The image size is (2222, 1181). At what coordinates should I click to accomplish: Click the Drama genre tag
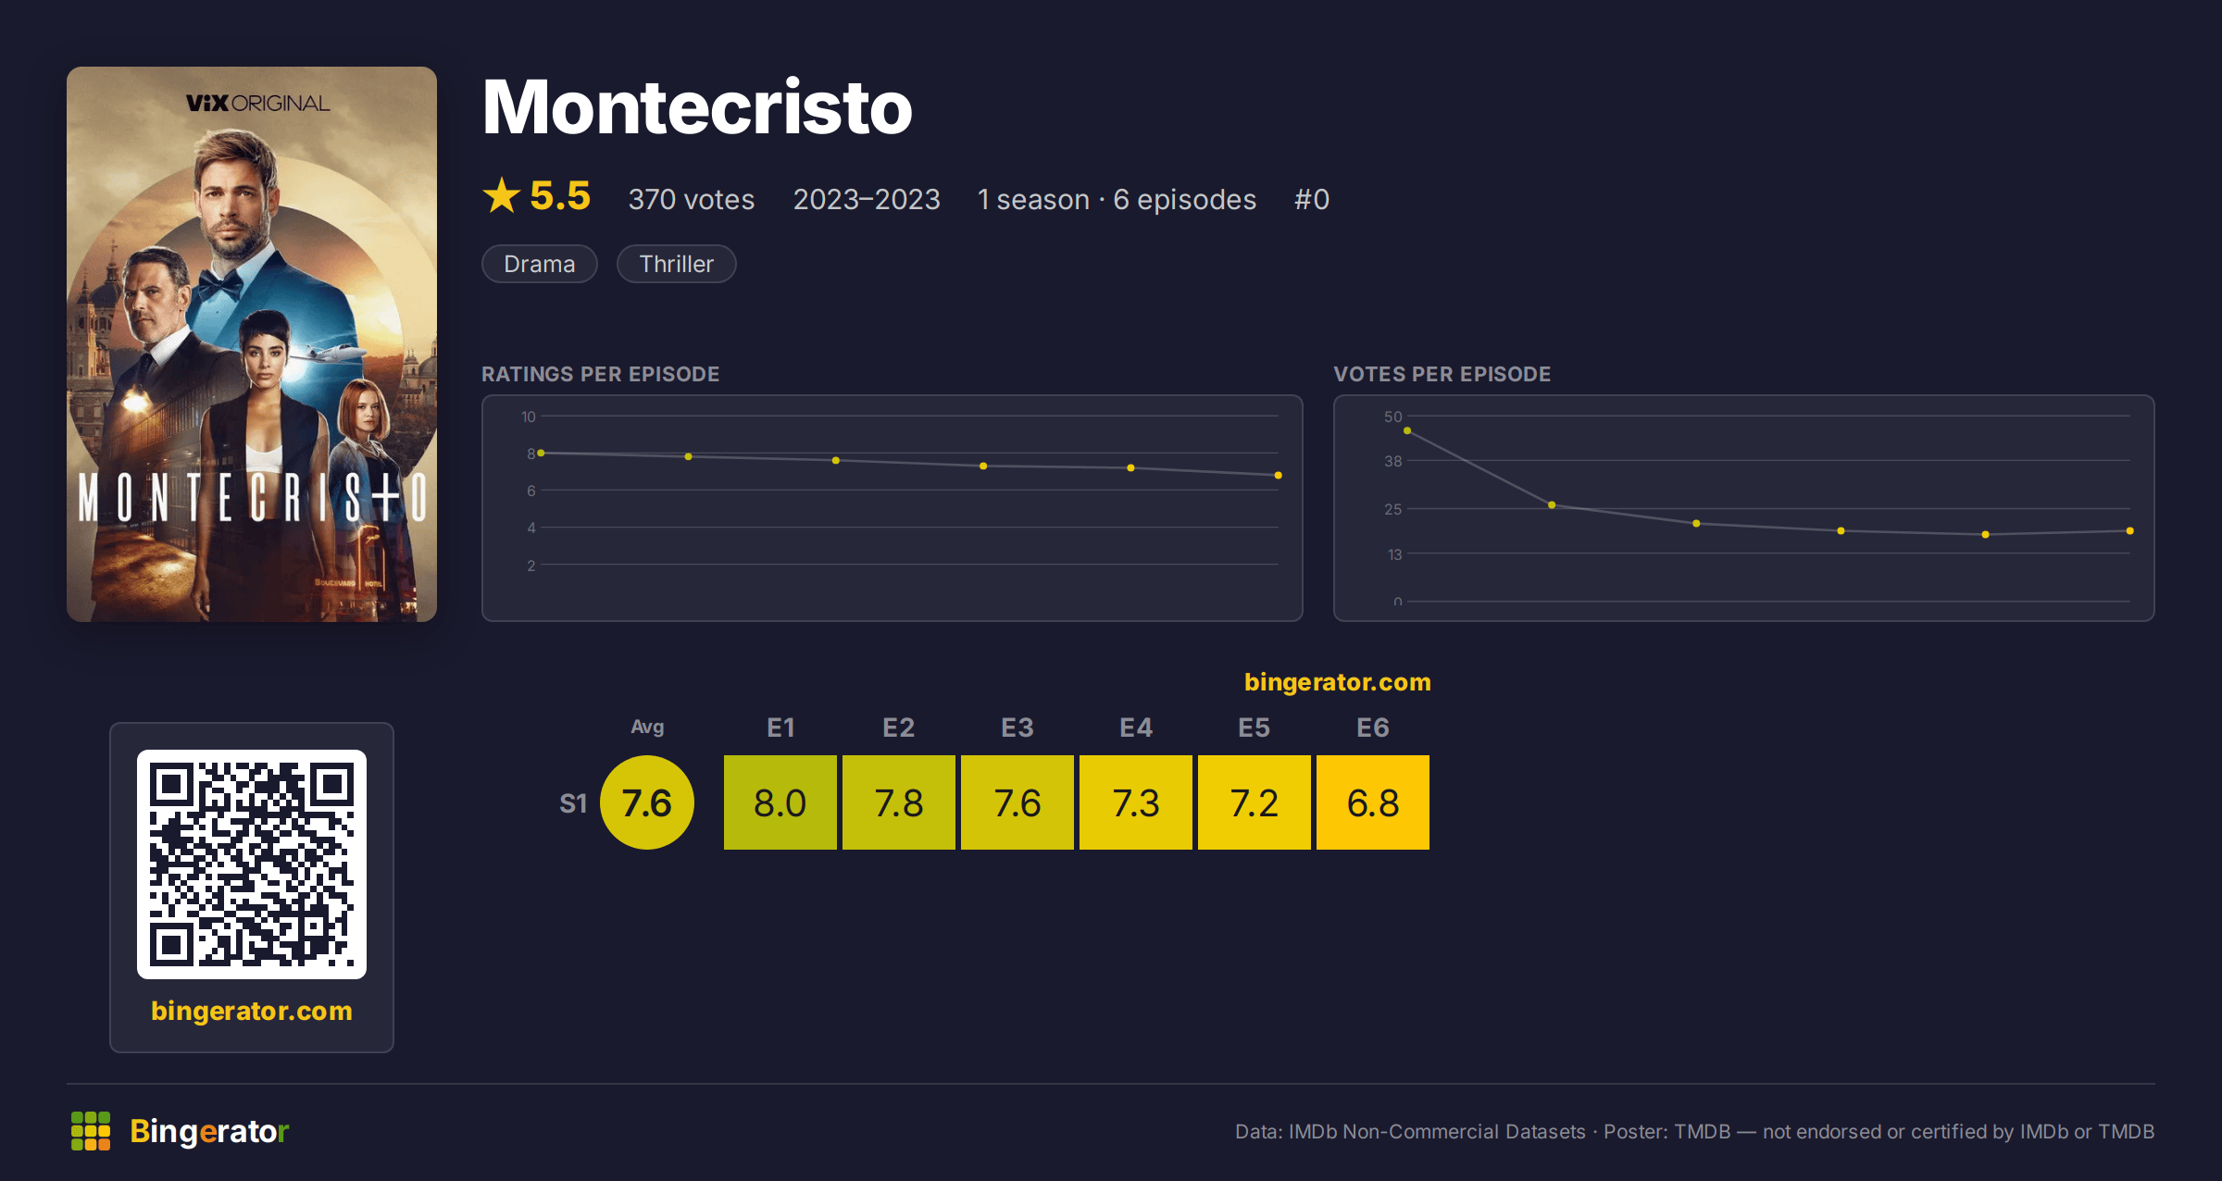click(540, 264)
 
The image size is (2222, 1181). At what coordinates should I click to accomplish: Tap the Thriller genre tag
click(677, 264)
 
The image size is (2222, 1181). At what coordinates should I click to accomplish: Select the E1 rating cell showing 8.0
click(780, 802)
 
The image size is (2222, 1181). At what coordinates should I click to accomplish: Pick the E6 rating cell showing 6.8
click(1373, 802)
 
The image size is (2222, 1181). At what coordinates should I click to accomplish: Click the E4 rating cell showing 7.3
click(1136, 802)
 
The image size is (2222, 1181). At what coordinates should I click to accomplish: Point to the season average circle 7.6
click(647, 802)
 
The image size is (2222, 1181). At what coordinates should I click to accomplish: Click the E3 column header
click(1017, 727)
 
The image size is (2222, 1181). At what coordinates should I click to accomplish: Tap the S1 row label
click(573, 803)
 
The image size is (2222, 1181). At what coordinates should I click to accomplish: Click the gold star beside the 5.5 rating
click(502, 195)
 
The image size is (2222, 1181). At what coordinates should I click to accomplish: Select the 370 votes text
click(692, 199)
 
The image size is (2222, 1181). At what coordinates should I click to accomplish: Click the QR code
click(252, 864)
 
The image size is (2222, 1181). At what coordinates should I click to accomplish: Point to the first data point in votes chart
click(1407, 431)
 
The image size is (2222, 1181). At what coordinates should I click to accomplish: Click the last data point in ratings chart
click(1278, 476)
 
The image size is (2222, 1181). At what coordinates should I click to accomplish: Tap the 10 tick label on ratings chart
click(529, 416)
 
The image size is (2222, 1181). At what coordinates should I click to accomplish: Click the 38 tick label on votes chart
click(1393, 461)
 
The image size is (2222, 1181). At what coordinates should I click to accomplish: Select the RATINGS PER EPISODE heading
click(601, 374)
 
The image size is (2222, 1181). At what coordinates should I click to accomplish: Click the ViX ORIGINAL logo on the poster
click(257, 103)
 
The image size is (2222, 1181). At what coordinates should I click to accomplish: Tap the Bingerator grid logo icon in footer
click(91, 1131)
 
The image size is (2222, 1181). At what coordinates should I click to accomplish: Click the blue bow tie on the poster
click(218, 282)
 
